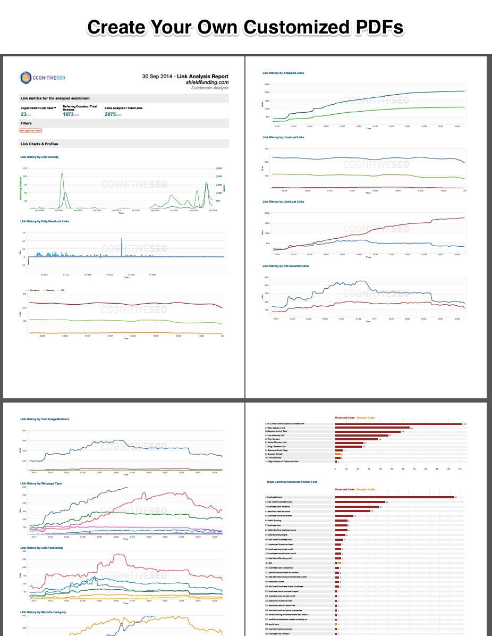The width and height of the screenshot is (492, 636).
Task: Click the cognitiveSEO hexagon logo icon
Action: pyautogui.click(x=26, y=78)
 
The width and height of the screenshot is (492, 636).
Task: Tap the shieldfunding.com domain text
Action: pyautogui.click(x=207, y=82)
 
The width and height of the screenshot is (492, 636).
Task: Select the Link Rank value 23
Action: pyautogui.click(x=23, y=114)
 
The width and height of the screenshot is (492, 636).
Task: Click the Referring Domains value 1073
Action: pyautogui.click(x=68, y=114)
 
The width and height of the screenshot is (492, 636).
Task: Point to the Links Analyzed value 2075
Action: pyautogui.click(x=111, y=114)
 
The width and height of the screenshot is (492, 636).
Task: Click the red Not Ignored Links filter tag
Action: pyautogui.click(x=30, y=130)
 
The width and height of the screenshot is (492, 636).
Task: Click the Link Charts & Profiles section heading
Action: pyautogui.click(x=39, y=144)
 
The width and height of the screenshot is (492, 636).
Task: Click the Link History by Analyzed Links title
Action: pyautogui.click(x=283, y=73)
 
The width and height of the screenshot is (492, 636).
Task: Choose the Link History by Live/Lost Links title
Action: pyautogui.click(x=283, y=202)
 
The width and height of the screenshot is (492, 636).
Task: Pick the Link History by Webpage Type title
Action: pyautogui.click(x=41, y=483)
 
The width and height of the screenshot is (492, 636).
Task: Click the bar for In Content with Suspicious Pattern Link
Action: pyautogui.click(x=398, y=424)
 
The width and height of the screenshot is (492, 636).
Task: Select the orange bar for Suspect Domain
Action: pyautogui.click(x=338, y=454)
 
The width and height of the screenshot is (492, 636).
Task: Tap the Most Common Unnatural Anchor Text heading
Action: pyautogui.click(x=292, y=482)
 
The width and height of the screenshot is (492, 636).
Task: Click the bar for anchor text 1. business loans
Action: pyautogui.click(x=394, y=497)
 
